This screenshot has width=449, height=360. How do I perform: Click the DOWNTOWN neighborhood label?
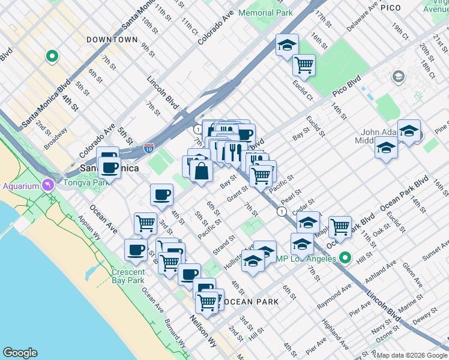pos(112,40)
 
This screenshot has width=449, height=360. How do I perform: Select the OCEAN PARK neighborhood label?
pos(251,302)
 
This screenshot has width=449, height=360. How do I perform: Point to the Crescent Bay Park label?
pos(128,276)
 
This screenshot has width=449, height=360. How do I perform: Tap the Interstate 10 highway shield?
pos(149,148)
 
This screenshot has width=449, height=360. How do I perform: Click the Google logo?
pos(19,353)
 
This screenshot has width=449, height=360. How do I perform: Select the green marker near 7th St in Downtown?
pos(52,57)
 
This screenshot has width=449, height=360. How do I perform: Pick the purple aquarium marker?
pos(46,184)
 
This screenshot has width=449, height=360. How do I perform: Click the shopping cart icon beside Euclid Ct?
pos(304,64)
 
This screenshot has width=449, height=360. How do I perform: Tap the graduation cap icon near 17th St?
pos(288,45)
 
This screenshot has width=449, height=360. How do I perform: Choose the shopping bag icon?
pos(201,171)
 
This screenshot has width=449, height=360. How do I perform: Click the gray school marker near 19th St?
pos(398,77)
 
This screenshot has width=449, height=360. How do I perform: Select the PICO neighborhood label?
pos(408,8)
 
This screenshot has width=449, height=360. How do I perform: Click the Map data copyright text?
pos(412,355)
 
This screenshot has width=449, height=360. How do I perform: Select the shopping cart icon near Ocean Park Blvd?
pos(340,227)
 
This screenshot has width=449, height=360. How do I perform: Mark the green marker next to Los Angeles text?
pos(345,258)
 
